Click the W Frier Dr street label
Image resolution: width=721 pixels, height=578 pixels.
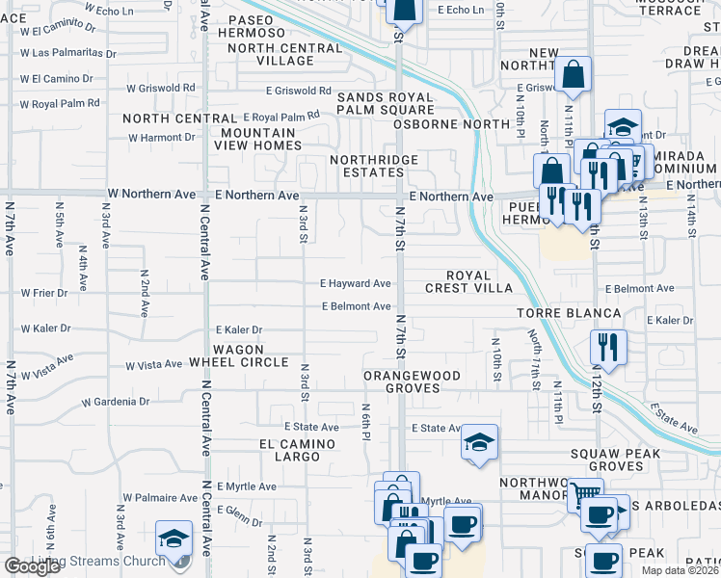(44, 292)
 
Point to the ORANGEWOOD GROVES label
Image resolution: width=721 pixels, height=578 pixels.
(412, 381)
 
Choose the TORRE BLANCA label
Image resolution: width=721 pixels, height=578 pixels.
(568, 313)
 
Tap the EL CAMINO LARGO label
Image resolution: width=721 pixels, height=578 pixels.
(297, 452)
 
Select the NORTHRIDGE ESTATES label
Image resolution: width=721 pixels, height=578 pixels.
(374, 166)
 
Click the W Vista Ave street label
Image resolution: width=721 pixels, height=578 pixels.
(154, 365)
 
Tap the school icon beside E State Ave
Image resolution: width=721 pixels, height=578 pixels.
(479, 443)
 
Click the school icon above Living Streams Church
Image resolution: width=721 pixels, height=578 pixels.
(174, 537)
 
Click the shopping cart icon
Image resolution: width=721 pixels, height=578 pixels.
(585, 494)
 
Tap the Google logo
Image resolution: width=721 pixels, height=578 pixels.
(32, 566)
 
